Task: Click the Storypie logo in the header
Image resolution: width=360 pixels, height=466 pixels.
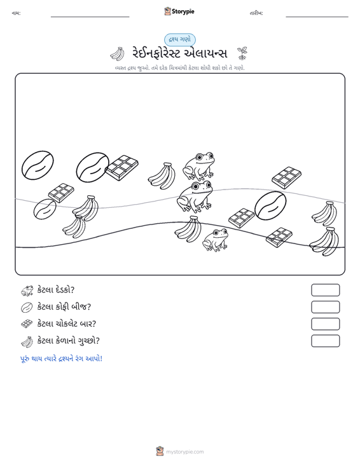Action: (179, 11)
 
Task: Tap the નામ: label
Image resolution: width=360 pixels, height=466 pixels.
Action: (16, 13)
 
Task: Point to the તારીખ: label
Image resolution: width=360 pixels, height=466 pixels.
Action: (256, 13)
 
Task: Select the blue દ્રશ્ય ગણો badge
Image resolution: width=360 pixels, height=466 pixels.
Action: (180, 39)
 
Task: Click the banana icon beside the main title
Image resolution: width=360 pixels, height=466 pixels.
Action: (118, 53)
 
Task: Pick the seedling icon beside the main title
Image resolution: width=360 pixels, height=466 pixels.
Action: (242, 53)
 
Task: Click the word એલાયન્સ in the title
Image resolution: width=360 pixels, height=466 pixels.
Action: (205, 53)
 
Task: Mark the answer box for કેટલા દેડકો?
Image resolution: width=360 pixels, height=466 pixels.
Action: (325, 290)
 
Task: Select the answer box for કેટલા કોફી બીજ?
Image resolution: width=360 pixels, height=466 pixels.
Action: (325, 307)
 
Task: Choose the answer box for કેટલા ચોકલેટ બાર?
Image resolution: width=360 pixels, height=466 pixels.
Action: (325, 324)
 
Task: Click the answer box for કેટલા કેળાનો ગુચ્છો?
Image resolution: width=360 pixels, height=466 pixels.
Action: (325, 341)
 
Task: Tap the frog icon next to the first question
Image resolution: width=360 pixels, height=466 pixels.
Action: (27, 291)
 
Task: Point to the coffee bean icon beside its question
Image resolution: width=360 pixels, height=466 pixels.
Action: (27, 307)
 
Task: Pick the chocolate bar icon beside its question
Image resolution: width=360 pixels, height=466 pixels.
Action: (27, 324)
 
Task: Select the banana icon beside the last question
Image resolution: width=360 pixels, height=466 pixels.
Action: (27, 341)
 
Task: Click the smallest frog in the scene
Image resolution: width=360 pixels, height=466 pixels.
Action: (215, 240)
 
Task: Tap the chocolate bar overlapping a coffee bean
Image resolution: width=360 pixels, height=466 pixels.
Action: (122, 168)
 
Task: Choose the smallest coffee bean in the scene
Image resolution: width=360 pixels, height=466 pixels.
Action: (45, 209)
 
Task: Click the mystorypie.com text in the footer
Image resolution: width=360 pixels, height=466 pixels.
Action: (184, 452)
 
